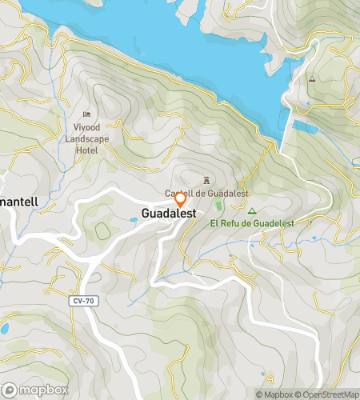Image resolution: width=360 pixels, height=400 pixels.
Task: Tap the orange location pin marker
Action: (x=181, y=198)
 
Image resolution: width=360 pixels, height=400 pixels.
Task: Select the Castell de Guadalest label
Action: (x=207, y=194)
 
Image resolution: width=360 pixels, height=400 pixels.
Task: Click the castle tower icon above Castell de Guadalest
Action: (x=207, y=180)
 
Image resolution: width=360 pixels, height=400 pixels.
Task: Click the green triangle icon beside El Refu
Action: (x=252, y=211)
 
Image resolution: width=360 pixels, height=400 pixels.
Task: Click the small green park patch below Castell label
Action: (x=218, y=206)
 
